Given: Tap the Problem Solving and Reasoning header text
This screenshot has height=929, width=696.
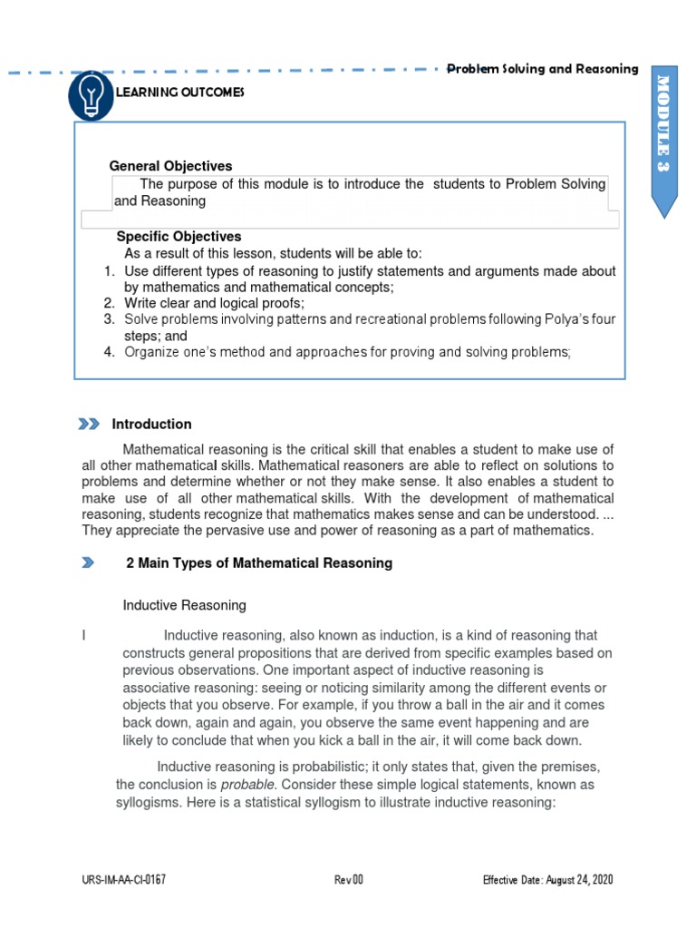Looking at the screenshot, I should point(544,69).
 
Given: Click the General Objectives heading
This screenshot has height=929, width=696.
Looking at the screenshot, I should point(170,166).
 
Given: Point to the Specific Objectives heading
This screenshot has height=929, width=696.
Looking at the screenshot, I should point(179,236).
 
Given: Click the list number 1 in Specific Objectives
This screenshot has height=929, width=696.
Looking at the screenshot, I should point(107,271).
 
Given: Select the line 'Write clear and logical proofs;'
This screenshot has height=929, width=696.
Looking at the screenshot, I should point(215,303).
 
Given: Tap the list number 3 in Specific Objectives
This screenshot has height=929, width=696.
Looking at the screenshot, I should point(107,319).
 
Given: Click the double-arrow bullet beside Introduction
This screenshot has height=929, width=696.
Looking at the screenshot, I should point(89,424).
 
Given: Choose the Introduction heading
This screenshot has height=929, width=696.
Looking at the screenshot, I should point(151,424).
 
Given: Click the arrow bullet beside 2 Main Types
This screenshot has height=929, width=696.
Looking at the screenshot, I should point(87,563).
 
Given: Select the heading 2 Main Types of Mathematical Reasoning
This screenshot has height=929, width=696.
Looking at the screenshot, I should point(258,563).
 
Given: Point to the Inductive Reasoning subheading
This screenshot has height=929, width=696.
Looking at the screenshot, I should point(184,605).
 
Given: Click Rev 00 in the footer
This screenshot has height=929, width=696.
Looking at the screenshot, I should point(348,880).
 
